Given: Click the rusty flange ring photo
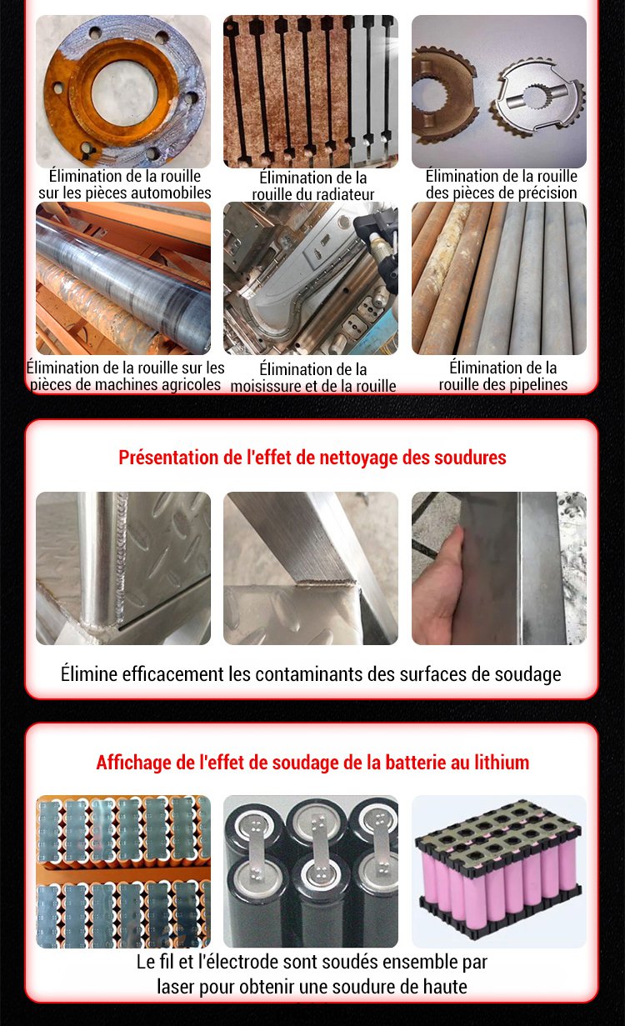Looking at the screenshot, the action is pyautogui.click(x=123, y=91).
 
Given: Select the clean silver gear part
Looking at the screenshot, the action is pyautogui.click(x=539, y=97).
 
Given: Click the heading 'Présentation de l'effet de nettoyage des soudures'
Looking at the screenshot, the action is pyautogui.click(x=312, y=458).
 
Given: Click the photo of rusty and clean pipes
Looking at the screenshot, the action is pyautogui.click(x=499, y=278).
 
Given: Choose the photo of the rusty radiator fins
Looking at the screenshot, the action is pyautogui.click(x=311, y=91).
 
